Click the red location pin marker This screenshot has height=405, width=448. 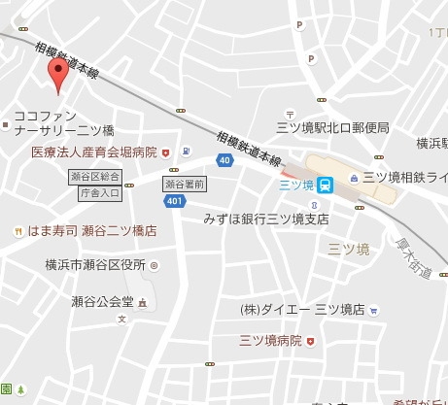[x=58, y=75]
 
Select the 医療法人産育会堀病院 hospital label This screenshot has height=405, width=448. [x=93, y=152]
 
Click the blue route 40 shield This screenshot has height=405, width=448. [x=224, y=160]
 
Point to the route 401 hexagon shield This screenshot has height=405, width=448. [x=173, y=201]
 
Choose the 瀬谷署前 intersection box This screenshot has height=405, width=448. [x=185, y=183]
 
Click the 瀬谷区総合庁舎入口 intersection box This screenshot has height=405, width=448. [x=99, y=185]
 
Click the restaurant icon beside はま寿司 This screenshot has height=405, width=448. [x=17, y=231]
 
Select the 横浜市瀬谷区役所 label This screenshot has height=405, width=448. [x=94, y=264]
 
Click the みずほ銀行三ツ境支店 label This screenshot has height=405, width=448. [x=266, y=219]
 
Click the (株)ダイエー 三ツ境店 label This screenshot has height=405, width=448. [x=301, y=309]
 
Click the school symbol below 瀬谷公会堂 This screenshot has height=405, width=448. [x=122, y=319]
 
